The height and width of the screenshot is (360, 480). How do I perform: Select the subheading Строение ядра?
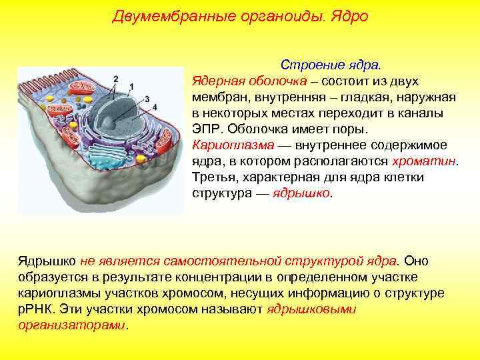(x=331, y=65)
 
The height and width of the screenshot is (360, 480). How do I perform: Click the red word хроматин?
(x=425, y=161)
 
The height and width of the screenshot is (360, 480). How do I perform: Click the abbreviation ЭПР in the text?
(x=207, y=129)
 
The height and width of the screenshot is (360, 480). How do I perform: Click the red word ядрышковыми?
(x=311, y=309)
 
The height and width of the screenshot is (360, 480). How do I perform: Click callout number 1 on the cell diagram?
(x=131, y=87)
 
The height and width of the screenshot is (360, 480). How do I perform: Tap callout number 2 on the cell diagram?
(x=116, y=79)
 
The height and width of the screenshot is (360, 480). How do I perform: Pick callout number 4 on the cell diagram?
(x=155, y=107)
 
